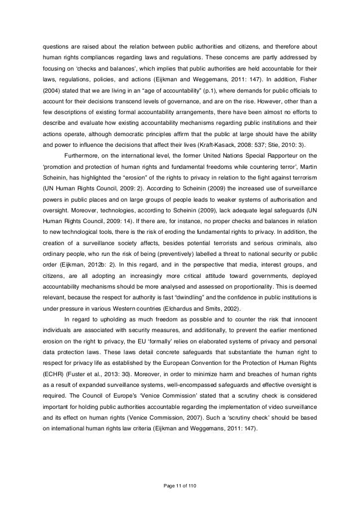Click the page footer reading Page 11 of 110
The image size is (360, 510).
(180, 485)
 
